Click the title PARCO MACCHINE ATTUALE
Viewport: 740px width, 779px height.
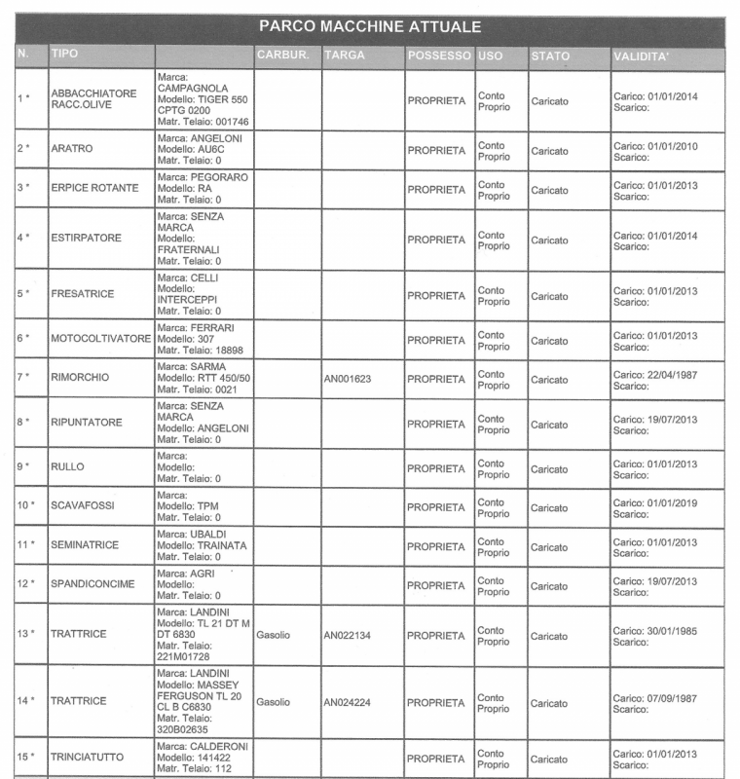[x=370, y=27]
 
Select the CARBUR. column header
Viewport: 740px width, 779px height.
[x=282, y=56]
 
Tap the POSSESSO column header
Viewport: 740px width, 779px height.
[x=438, y=56]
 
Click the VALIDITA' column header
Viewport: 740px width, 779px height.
[x=641, y=56]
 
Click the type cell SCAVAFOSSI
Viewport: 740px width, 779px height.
[x=85, y=507]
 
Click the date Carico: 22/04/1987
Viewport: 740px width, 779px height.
[x=655, y=373]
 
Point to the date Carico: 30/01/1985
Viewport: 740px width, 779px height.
[x=655, y=630]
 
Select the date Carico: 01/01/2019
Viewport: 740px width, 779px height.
[x=655, y=502]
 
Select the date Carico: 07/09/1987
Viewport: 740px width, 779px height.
[x=655, y=697]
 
